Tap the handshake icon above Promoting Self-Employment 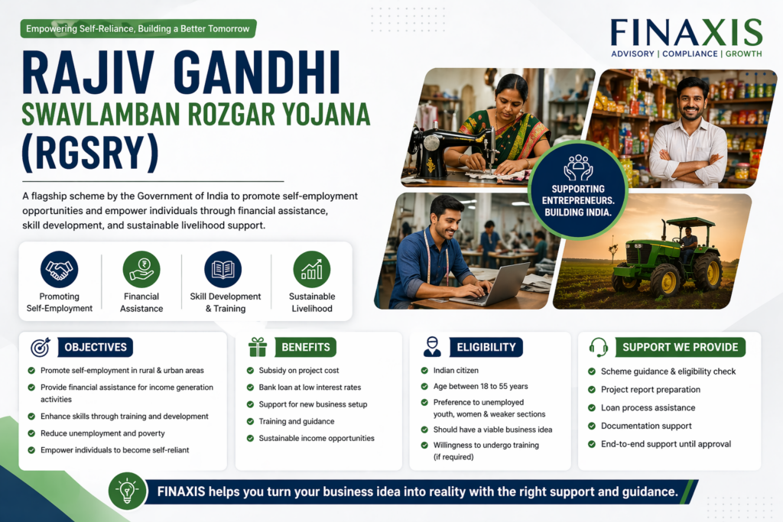coord(60,270)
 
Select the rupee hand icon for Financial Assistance coord(141,270)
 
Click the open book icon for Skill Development coord(223,270)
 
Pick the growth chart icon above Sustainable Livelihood coord(311,270)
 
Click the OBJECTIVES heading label coord(95,347)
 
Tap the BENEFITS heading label coord(305,347)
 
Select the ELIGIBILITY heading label coord(486,347)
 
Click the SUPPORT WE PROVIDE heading coord(680,347)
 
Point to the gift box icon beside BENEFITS coord(258,348)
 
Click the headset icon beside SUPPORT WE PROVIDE coord(598,347)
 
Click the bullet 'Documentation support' coord(645,426)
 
